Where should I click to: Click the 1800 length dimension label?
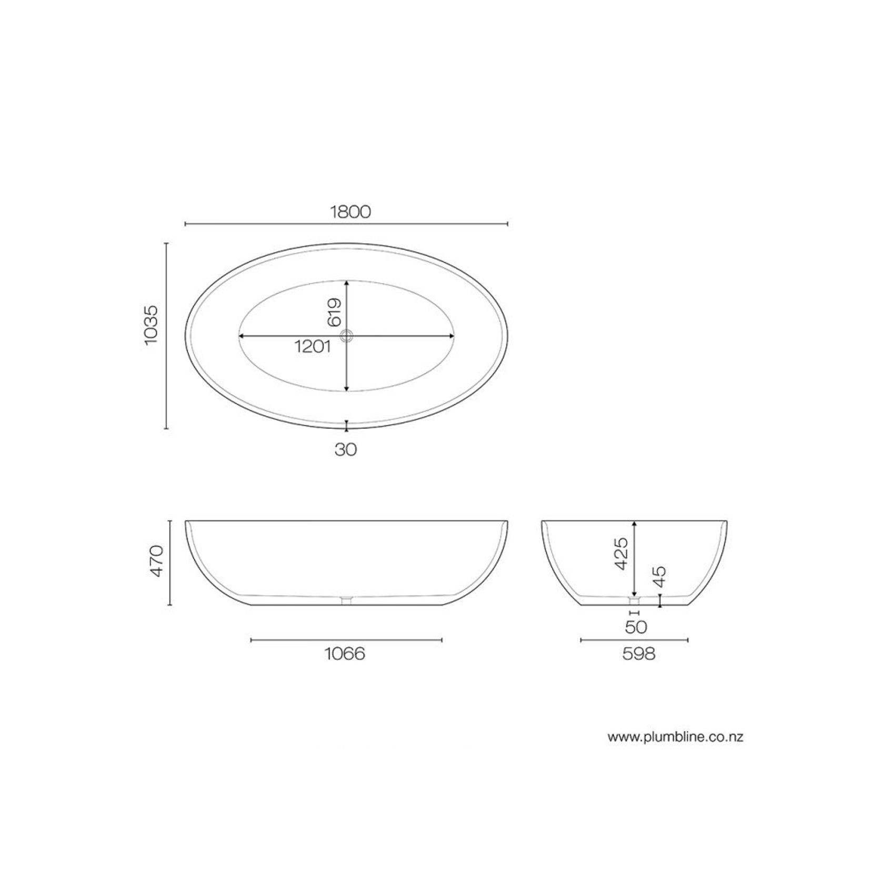tap(350, 212)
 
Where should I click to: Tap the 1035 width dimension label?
tap(151, 325)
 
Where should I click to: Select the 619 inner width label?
tap(334, 313)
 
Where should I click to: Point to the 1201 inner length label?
tap(312, 347)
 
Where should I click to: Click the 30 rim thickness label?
tap(346, 449)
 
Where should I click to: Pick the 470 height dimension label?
tap(157, 562)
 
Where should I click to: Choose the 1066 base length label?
tap(345, 654)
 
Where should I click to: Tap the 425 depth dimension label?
tap(621, 553)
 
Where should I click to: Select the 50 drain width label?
tap(636, 627)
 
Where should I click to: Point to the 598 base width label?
tap(639, 654)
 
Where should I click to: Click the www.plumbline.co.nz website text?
tap(675, 737)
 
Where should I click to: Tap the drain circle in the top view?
tap(346, 336)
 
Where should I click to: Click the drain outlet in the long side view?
tap(346, 600)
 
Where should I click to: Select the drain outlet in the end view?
tap(634, 600)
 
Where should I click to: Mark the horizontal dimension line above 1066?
tap(346, 640)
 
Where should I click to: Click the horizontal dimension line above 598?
tap(634, 640)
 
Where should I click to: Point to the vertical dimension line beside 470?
tap(170, 563)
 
